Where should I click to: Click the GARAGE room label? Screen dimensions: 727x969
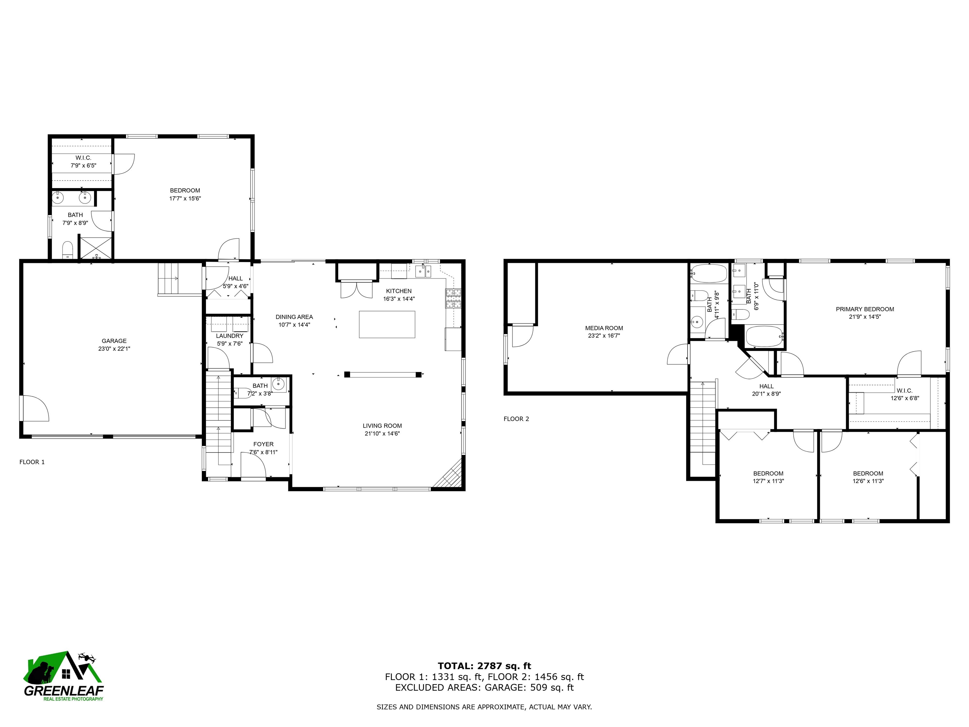pos(114,341)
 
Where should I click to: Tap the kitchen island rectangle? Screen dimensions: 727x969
pos(387,324)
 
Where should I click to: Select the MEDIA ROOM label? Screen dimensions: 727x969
pos(604,328)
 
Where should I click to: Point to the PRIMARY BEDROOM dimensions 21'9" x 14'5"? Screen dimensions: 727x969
pos(864,317)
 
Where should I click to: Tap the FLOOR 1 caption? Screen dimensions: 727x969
pos(32,462)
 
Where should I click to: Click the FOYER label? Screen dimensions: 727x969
pos(263,444)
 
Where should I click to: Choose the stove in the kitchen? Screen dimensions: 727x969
pos(453,298)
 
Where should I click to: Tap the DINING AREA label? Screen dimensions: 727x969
pos(294,317)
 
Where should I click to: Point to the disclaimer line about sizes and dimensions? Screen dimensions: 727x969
pos(484,707)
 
